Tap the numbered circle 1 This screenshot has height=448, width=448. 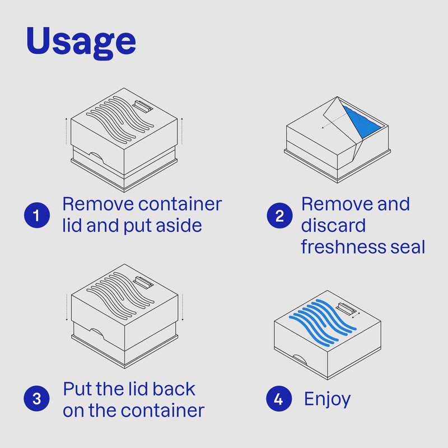[37, 215]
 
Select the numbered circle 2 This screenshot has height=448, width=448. [279, 216]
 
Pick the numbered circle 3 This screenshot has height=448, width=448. [36, 399]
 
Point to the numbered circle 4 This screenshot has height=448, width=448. [279, 399]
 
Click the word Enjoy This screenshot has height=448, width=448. [327, 399]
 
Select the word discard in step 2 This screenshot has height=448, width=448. [333, 226]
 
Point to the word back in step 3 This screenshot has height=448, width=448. [174, 389]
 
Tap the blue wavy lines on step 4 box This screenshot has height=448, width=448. [323, 321]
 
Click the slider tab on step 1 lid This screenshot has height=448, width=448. [143, 107]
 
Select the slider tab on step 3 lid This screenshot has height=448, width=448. [143, 283]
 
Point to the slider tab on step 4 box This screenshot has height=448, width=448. [346, 310]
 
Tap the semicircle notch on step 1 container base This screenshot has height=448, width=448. [96, 158]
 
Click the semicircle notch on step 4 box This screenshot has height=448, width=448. [300, 360]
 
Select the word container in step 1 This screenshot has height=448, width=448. [180, 204]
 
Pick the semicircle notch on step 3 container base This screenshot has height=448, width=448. [97, 334]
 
